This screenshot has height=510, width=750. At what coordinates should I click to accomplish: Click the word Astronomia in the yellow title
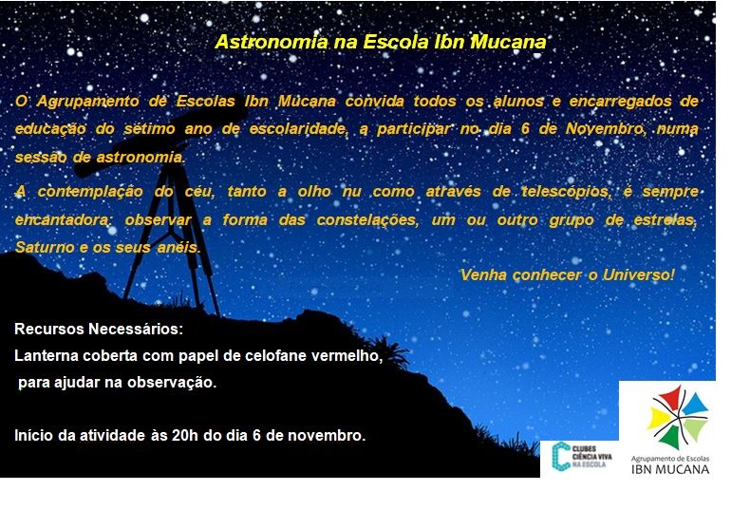tap(272, 42)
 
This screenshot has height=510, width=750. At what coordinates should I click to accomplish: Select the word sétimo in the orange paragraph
tap(149, 129)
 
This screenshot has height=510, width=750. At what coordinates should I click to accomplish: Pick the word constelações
tap(367, 220)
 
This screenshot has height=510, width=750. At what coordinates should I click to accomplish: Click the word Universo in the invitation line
tap(639, 275)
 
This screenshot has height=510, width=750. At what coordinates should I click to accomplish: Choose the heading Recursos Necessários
tap(99, 330)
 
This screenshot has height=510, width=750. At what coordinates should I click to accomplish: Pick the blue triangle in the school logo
tap(695, 404)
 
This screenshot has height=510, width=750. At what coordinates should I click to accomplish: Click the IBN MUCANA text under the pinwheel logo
tap(670, 469)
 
